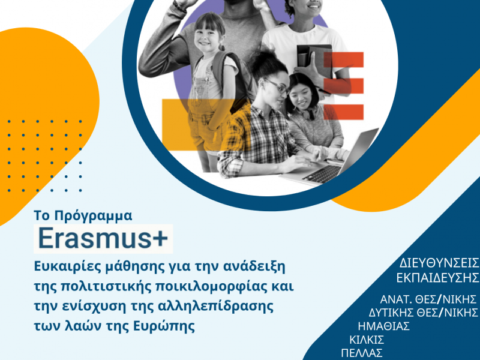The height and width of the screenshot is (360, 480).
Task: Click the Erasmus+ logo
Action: click(103, 239)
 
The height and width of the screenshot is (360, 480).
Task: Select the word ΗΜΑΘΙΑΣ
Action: click(383, 326)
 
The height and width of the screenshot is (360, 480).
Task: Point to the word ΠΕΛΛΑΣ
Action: click(361, 353)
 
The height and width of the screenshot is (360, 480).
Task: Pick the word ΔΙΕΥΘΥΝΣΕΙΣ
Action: click(439, 263)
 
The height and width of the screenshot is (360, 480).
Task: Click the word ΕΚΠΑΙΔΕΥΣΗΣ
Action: click(438, 278)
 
